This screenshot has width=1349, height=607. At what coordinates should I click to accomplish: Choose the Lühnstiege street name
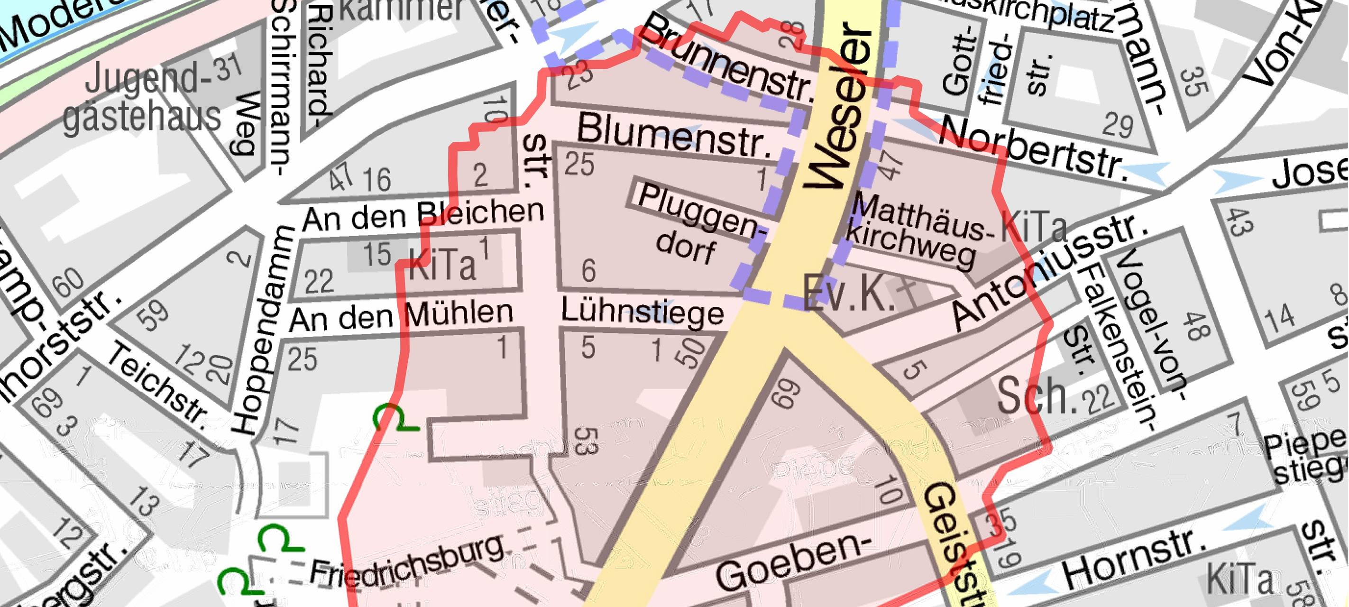[642, 312]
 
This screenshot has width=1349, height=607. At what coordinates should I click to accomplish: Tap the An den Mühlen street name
[401, 314]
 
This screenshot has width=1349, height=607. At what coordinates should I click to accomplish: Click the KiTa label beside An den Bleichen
[442, 265]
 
